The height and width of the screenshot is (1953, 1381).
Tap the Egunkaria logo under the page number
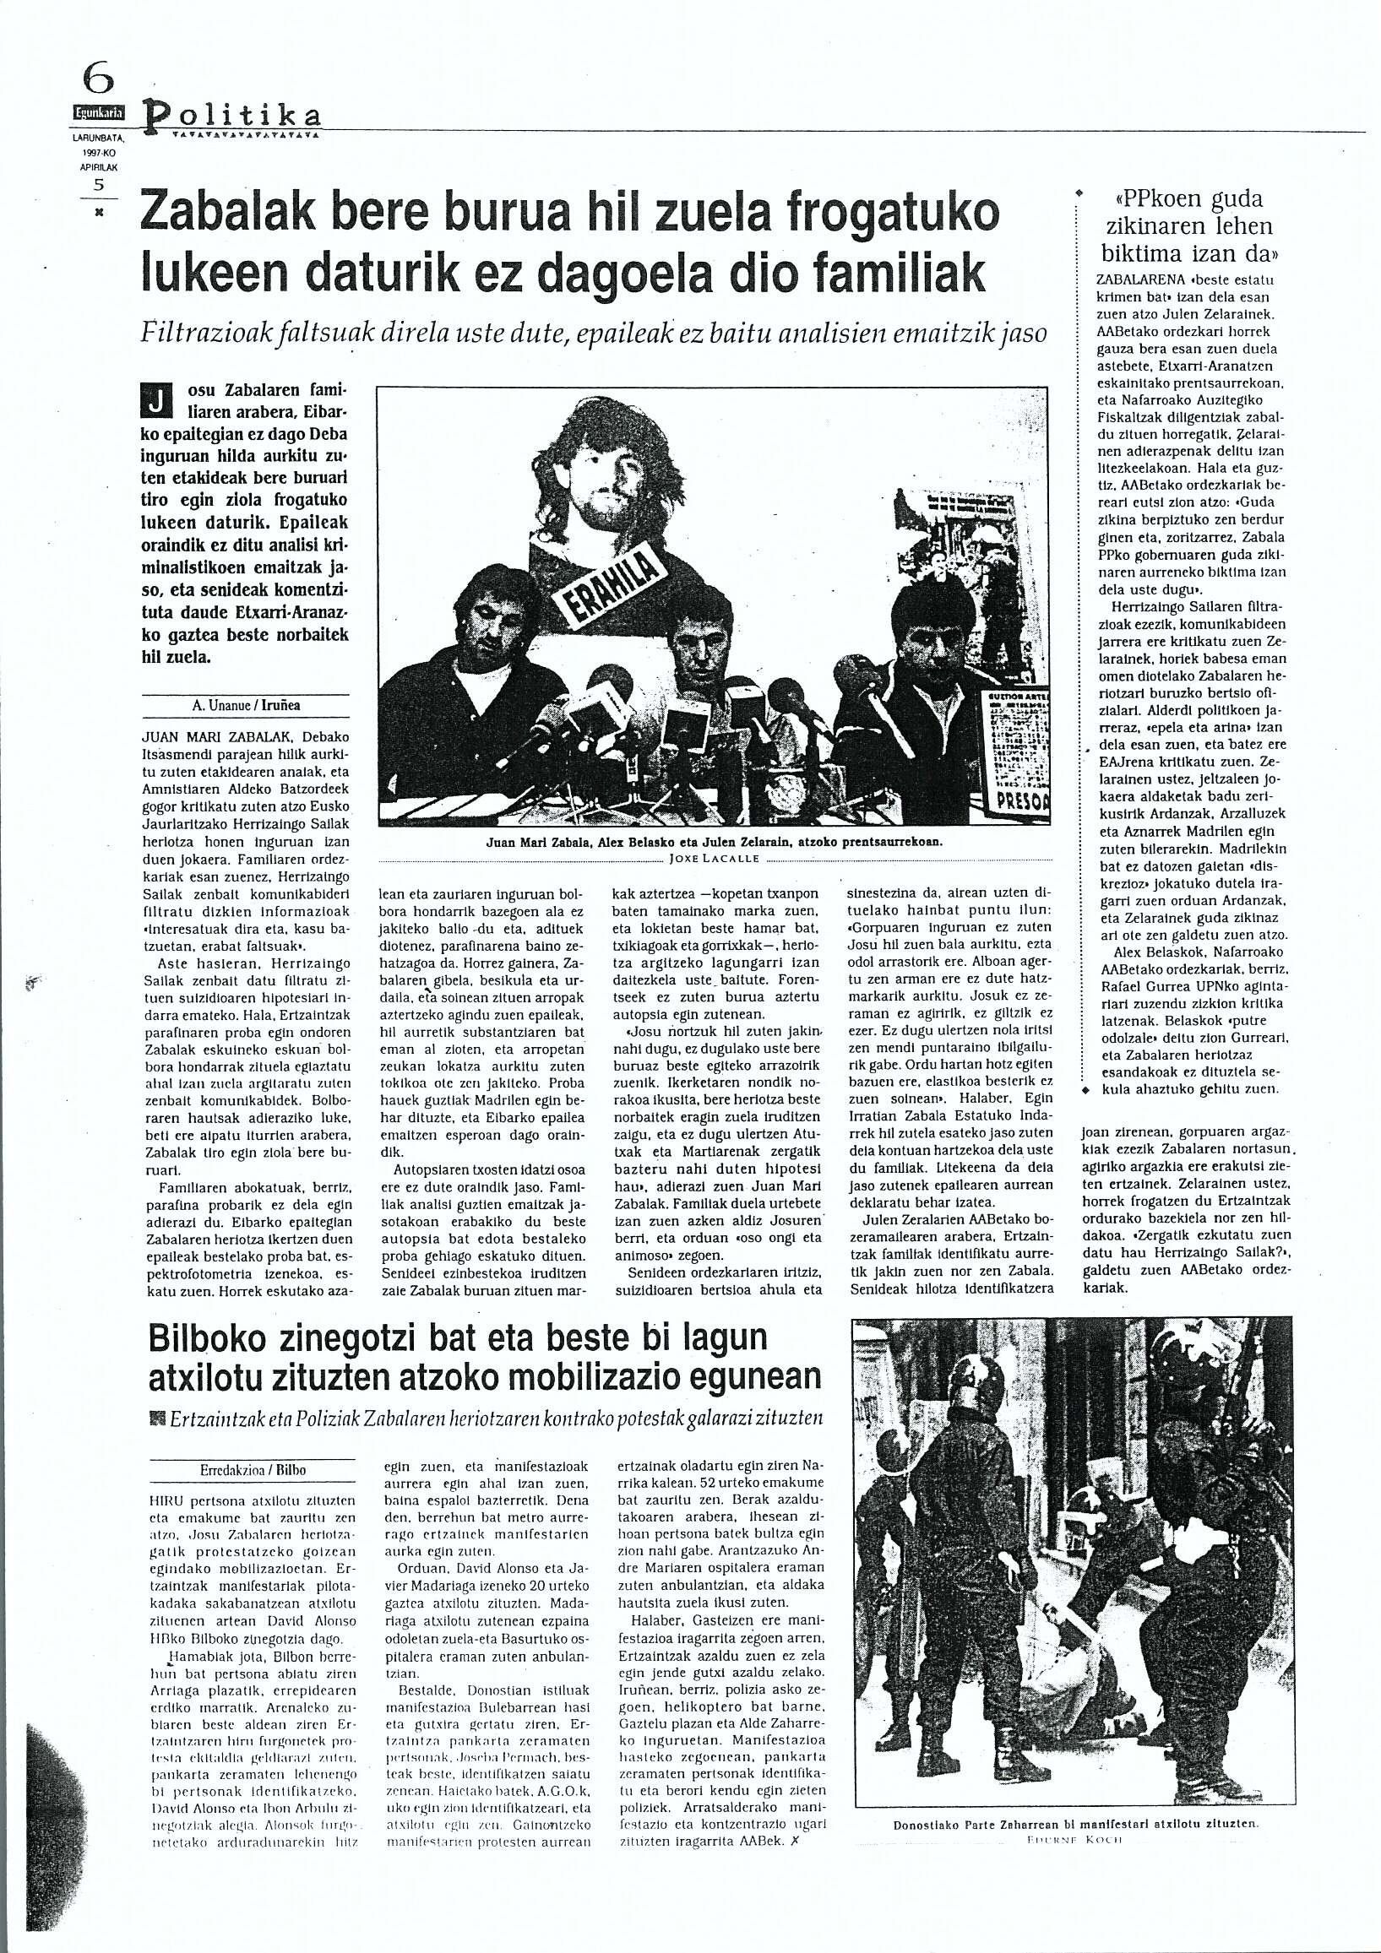(98, 111)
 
